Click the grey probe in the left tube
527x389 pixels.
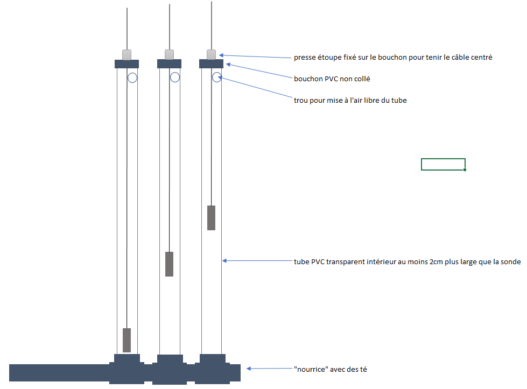(x=127, y=340)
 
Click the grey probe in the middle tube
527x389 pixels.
(x=169, y=264)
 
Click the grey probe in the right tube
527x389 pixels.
(x=211, y=217)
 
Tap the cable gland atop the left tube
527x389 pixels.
(x=127, y=54)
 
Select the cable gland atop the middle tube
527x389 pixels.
(x=169, y=54)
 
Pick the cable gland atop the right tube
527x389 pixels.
(x=211, y=54)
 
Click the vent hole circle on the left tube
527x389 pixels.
(x=132, y=77)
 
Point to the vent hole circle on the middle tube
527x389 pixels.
(x=175, y=77)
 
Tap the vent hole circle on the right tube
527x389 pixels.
(x=217, y=77)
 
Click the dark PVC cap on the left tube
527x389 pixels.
(x=127, y=63)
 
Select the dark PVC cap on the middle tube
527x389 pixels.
(x=169, y=63)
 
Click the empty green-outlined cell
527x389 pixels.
(x=443, y=164)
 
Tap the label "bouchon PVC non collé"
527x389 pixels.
(x=332, y=79)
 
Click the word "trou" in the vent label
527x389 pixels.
(x=301, y=100)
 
